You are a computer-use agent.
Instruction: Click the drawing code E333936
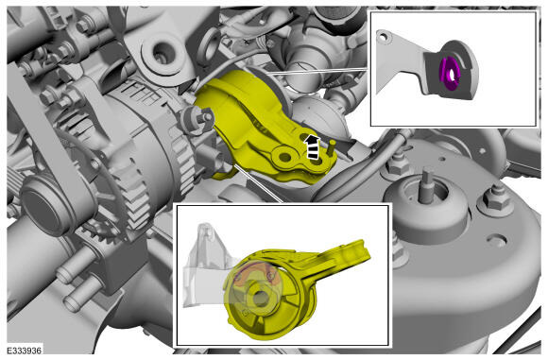pos(25,351)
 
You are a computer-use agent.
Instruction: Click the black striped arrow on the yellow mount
pos(312,147)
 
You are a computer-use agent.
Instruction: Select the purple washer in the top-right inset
pos(450,75)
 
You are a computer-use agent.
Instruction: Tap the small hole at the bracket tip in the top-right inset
pos(384,36)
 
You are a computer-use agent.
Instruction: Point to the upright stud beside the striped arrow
pos(331,147)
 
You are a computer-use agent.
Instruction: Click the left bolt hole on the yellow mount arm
pos(284,157)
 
